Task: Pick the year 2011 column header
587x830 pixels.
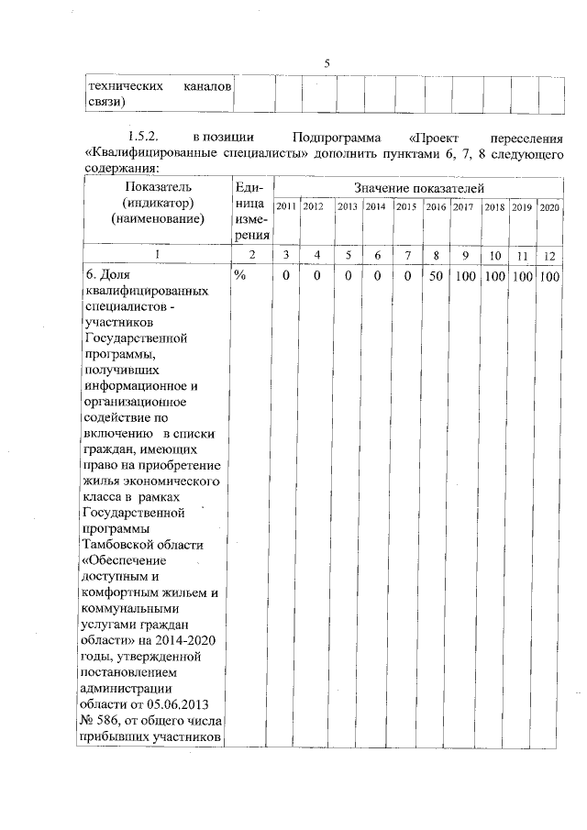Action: [x=285, y=207]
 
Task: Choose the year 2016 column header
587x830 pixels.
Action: [x=435, y=207]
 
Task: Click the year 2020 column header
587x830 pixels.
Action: [x=549, y=207]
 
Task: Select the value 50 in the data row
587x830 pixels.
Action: [x=436, y=276]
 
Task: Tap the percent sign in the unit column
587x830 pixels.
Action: [x=241, y=276]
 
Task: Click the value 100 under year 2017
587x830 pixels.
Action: [x=464, y=276]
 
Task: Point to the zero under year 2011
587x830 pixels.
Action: [x=286, y=276]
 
